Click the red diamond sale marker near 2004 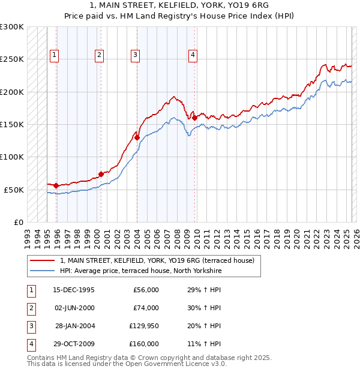click(137, 137)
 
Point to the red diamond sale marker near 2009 click(195, 118)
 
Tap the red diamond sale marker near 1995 click(56, 185)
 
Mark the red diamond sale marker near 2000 click(101, 174)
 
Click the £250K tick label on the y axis click(12, 59)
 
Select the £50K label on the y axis click(14, 190)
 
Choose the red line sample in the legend click(42, 260)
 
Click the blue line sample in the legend click(42, 271)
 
